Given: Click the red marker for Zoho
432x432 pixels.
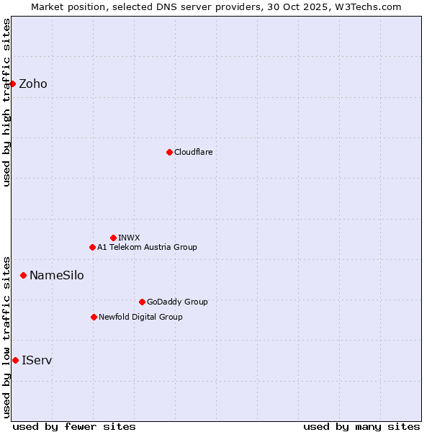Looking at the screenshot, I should point(12,84).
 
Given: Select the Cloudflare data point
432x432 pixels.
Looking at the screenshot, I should point(169,152).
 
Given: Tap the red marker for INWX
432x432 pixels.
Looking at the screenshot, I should point(113,238).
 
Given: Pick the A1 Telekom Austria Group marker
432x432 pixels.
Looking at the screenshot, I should point(92,247).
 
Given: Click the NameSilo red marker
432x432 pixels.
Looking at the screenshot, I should point(23,275).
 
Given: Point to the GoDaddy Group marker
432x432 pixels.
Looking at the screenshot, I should point(142,302).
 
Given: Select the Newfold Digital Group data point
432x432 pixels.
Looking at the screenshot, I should point(94,317).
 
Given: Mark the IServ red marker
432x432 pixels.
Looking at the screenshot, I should point(15,360).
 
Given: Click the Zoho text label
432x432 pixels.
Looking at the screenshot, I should point(33,84).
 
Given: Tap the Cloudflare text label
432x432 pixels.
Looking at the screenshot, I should point(194,152).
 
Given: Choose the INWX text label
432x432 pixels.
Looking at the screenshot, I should point(129,238).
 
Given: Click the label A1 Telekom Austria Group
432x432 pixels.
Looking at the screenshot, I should point(147,247).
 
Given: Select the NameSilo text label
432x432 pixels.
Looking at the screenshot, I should point(56,275).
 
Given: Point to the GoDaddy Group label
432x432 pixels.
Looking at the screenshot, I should point(177,302).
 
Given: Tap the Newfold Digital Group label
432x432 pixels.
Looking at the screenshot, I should point(140,317).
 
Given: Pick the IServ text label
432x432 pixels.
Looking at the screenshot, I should point(37,360).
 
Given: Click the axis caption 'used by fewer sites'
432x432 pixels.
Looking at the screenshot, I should point(74,426).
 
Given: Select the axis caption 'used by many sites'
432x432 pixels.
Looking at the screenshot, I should point(361,426).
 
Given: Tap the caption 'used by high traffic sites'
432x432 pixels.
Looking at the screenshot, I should point(6,102).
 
